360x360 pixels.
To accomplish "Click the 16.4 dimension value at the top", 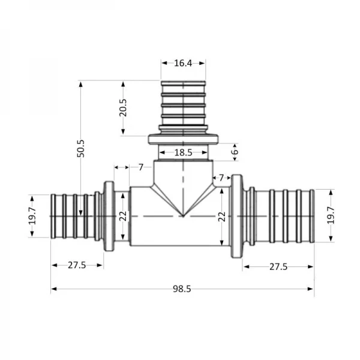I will [183, 63].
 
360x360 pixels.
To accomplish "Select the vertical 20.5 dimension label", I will [123, 107].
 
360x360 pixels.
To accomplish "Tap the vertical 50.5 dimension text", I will [81, 148].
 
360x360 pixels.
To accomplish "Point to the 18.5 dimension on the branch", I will [183, 153].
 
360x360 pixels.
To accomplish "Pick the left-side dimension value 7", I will [140, 166].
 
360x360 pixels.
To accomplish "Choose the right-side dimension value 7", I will [221, 178].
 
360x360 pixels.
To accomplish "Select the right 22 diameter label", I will [222, 216].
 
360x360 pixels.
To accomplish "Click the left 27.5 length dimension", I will [77, 265].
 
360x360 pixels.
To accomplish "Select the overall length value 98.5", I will [182, 289].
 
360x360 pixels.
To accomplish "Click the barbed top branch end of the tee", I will [183, 102].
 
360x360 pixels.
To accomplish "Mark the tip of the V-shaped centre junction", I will [183, 216].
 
